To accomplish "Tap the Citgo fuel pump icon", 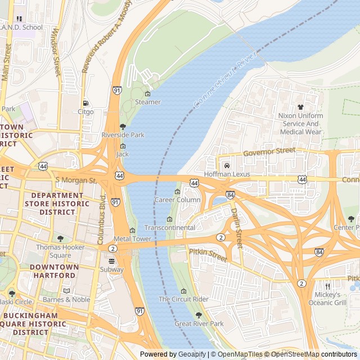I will [x=85, y=103].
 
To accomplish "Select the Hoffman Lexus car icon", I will [x=226, y=165].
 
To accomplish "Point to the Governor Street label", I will [x=269, y=152].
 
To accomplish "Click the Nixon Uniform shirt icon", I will [x=300, y=107].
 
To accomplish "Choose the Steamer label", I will [x=148, y=102].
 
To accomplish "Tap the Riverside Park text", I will [x=123, y=135].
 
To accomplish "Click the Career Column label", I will [x=177, y=200].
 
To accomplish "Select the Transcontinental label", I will [x=170, y=227].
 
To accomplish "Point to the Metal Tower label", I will [x=133, y=238].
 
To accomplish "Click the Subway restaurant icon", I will [x=111, y=261].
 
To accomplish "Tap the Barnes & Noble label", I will [x=66, y=299].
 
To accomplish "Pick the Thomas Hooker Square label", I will [x=61, y=251].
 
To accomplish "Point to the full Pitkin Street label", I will [x=208, y=255].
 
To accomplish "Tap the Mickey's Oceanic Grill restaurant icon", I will [x=327, y=286].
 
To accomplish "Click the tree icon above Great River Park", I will [x=199, y=315].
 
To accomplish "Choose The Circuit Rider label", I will [x=183, y=299].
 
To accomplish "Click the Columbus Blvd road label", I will [x=102, y=219].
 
